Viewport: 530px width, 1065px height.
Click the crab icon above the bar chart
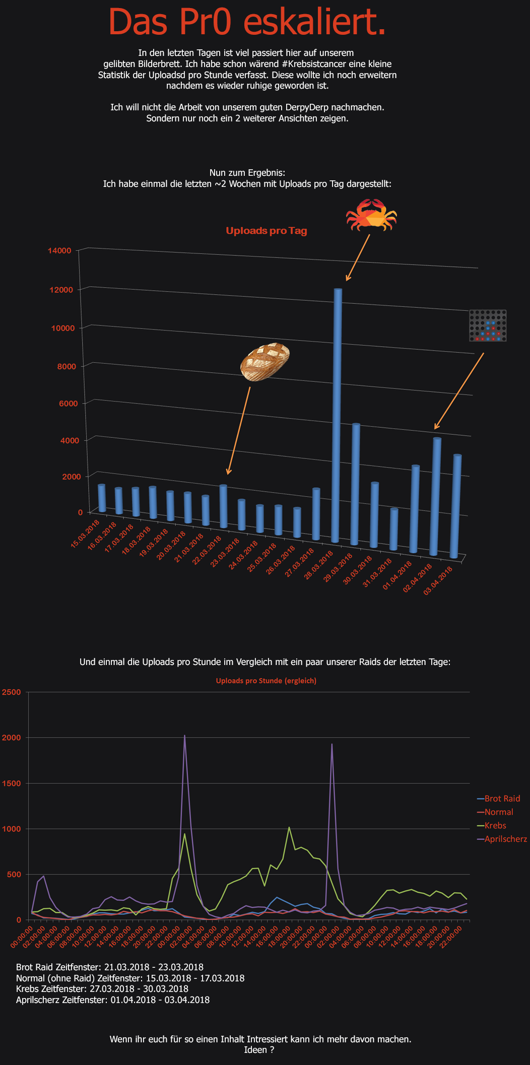(x=371, y=215)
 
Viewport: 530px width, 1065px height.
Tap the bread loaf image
(x=265, y=362)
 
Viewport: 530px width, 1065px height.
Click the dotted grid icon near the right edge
(x=488, y=325)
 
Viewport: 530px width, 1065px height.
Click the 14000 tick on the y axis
(x=60, y=250)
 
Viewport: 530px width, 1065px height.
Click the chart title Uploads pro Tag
(x=267, y=231)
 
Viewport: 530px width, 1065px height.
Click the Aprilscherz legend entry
(x=502, y=839)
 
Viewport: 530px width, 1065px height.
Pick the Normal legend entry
(x=495, y=812)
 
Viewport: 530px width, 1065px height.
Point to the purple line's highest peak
(x=184, y=736)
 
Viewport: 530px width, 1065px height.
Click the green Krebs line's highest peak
(x=289, y=827)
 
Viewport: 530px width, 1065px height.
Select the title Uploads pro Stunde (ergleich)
(x=266, y=681)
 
